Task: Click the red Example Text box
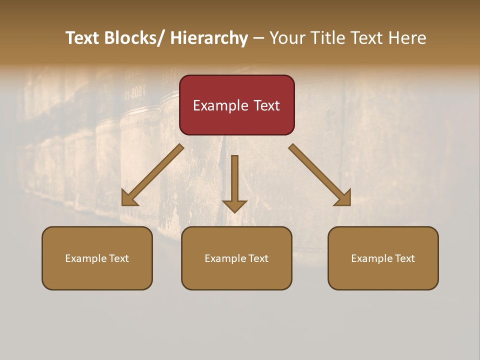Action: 236,105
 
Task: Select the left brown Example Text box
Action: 97,258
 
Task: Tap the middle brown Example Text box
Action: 236,258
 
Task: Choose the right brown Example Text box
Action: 383,258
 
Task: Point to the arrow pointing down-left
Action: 152,175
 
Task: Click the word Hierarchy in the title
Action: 209,38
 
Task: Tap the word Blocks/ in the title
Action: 131,38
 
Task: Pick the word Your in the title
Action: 288,38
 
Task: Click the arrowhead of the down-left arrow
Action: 129,198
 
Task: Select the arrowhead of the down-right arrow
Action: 343,198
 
